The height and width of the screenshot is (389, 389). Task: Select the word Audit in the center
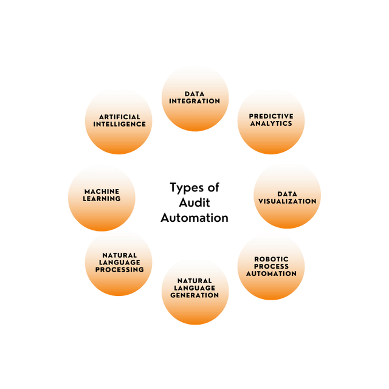coord(194,202)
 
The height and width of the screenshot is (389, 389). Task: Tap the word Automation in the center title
coord(194,218)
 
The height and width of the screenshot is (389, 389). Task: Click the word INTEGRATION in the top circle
coord(194,101)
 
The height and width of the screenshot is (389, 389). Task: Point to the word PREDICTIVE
coord(271,116)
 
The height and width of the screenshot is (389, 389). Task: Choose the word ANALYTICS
coord(271,123)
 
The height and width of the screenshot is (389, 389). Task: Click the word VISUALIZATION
coord(287,201)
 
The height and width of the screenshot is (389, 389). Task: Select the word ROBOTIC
coord(272,259)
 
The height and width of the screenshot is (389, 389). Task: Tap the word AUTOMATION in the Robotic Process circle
coord(272,274)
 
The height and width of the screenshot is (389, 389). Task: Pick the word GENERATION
coord(194,295)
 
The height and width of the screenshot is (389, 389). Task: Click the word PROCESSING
coord(120,269)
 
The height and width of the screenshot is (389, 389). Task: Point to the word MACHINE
coord(102,191)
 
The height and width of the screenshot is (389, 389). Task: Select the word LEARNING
coord(102,199)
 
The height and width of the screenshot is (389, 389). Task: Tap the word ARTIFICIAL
coord(120,117)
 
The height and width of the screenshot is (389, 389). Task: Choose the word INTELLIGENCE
coord(120,124)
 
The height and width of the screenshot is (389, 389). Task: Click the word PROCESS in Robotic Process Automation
coord(272,266)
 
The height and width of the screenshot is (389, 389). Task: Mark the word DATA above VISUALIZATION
coord(287,194)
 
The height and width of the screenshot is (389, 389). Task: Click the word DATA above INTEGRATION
coord(194,94)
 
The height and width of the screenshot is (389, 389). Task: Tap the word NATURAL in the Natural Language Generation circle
coord(194,281)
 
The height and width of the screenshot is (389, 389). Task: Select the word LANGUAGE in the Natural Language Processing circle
coord(120,262)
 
